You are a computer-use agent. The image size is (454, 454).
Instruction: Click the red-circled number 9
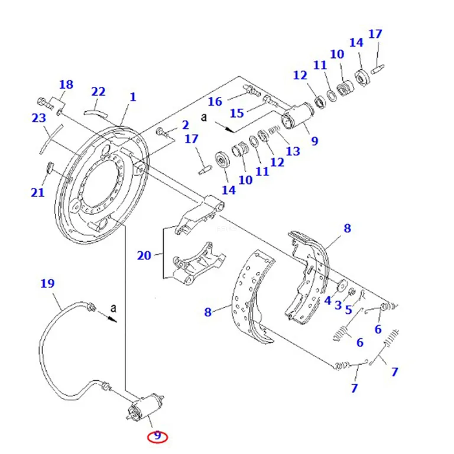point(157,435)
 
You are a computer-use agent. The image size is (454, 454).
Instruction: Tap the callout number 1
point(133,97)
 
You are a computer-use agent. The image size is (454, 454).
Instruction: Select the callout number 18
point(66,85)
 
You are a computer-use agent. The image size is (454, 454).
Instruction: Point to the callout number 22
point(98,92)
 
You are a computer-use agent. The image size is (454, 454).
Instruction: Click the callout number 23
point(39,118)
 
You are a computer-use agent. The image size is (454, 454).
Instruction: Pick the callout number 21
point(38,192)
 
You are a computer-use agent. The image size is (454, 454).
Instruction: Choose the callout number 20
point(144,255)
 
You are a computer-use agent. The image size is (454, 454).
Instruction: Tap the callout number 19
point(47,283)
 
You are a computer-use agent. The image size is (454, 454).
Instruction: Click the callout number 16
point(215,102)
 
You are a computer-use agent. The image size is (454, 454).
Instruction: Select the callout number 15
point(237,113)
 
